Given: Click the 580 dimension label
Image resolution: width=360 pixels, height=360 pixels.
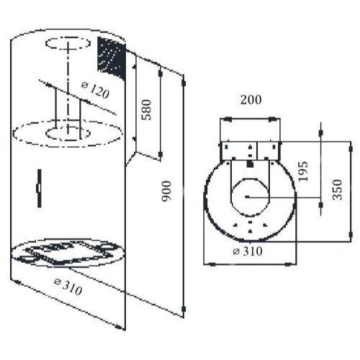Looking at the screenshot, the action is click(x=146, y=109).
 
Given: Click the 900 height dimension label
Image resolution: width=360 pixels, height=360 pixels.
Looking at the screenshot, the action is click(x=166, y=192).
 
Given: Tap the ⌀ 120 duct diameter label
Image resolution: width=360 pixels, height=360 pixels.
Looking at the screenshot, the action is click(x=95, y=90).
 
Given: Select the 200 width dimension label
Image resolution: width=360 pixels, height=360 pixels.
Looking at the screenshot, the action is click(x=251, y=100).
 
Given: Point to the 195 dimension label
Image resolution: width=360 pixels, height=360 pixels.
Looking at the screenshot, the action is click(x=302, y=171).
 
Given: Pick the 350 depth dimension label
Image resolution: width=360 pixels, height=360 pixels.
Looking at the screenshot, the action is click(x=337, y=189).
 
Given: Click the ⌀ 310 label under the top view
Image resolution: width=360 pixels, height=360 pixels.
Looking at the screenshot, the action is click(x=248, y=251).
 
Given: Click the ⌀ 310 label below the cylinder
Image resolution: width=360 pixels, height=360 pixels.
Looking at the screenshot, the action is click(x=68, y=287).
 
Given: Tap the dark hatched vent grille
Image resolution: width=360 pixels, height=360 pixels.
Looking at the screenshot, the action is click(x=112, y=58).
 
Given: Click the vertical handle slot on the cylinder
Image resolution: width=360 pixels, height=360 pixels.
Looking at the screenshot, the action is click(x=39, y=188).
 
